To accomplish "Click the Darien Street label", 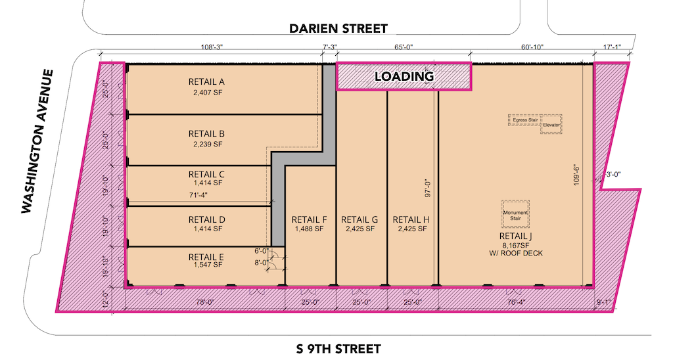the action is coord(338,28).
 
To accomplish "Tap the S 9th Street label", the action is coord(338,348).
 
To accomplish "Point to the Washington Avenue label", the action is coord(37,142).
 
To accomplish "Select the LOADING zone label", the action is coord(404,76).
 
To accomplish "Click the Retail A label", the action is coord(206,81).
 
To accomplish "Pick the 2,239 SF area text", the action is coord(208,144).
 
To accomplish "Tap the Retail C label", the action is coord(206,174).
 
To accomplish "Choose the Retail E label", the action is coord(206,257).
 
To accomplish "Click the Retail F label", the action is coord(309,219).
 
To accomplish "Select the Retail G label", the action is coord(360,219).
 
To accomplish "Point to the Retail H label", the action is coord(411,219).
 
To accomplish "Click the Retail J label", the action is coord(515,236).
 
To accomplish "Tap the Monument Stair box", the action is coord(515,214).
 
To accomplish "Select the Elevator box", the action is coord(551,124).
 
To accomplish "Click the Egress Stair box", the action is coord(524,120).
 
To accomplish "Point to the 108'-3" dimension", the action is coord(212,47).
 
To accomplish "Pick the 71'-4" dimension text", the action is coord(198,195).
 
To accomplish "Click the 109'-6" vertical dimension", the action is coord(576,174).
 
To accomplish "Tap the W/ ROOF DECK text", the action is coord(515,253).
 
